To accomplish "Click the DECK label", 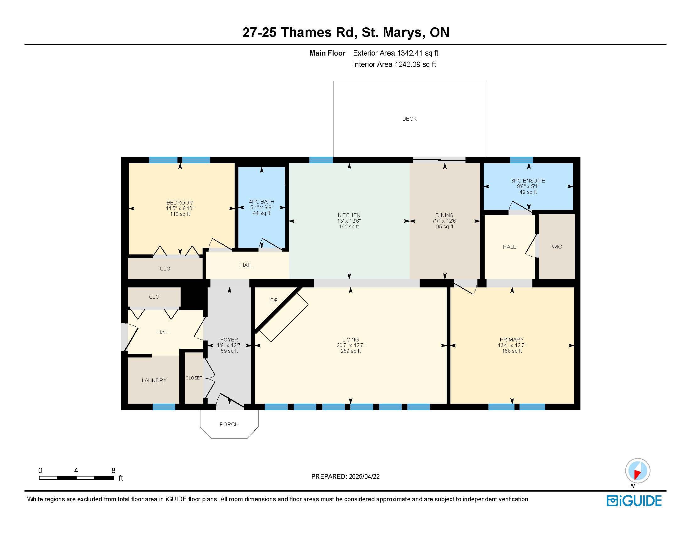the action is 409,119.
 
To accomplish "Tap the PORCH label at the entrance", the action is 229,425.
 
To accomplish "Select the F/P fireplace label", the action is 274,300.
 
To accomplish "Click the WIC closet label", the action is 557,247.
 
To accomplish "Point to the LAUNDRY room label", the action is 154,381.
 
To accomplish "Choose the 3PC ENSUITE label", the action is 528,181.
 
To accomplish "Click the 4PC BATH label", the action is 262,202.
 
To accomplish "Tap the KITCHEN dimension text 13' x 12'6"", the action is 349,221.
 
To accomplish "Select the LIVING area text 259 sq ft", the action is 351,351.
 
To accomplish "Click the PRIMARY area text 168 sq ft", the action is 512,351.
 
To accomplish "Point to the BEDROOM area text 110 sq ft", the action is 180,214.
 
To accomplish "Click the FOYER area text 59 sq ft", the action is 229,351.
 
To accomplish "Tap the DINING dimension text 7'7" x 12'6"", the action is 444,221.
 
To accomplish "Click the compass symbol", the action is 638,471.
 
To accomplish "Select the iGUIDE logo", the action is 634,501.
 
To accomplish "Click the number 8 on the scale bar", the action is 113,471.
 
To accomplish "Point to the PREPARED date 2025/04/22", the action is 364,477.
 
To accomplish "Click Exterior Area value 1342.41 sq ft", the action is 418,53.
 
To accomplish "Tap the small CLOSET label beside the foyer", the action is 193,378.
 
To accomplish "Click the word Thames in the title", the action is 306,33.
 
